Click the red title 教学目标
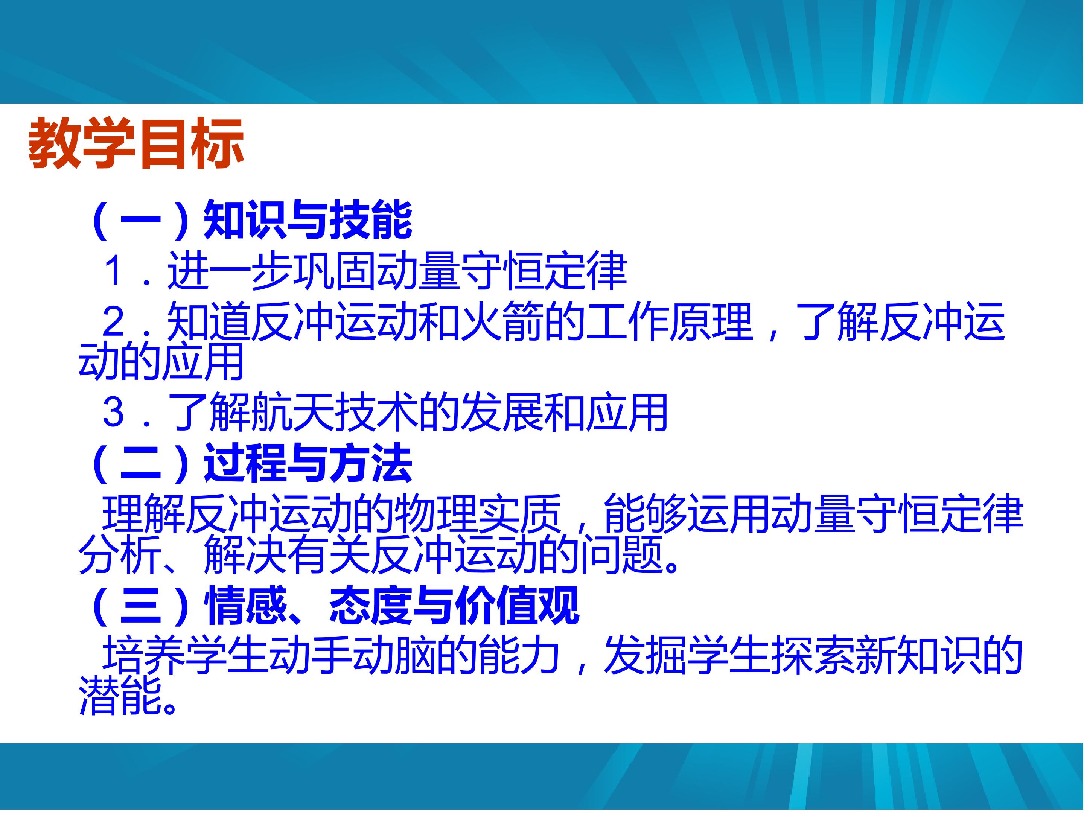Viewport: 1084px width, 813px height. coord(136,143)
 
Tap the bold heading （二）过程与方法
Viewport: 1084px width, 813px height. coord(250,463)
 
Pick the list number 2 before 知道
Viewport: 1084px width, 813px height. coord(114,321)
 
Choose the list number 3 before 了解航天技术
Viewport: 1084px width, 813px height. coord(114,412)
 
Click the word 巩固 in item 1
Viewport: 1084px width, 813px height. coord(334,270)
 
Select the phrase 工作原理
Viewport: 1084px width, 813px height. coord(669,321)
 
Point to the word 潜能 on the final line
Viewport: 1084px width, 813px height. coord(120,696)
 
